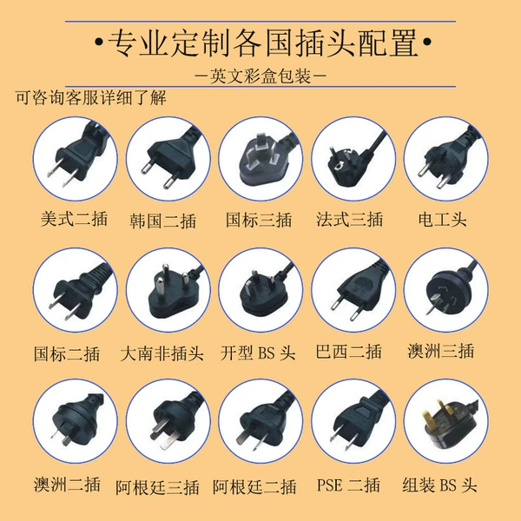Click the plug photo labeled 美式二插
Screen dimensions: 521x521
click(x=75, y=159)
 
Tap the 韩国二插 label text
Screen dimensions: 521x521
click(x=163, y=221)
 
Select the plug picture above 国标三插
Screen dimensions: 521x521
click(x=260, y=159)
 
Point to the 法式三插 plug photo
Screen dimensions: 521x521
click(x=353, y=159)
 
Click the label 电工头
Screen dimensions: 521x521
click(x=442, y=220)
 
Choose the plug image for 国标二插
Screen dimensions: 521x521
click(x=75, y=290)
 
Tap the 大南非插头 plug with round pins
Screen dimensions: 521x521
click(x=168, y=290)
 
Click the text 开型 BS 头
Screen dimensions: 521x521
click(x=258, y=353)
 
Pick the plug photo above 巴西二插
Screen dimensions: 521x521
click(x=353, y=290)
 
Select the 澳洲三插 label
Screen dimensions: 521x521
click(x=440, y=351)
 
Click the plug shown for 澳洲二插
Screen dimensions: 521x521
click(x=75, y=421)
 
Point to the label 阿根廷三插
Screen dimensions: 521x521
click(x=157, y=487)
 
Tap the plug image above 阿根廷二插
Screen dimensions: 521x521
click(x=260, y=421)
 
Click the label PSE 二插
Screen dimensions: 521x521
click(x=348, y=485)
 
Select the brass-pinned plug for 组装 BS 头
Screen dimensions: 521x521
click(x=446, y=421)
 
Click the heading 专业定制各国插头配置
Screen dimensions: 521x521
click(x=263, y=43)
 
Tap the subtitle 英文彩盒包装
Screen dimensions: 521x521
click(x=260, y=76)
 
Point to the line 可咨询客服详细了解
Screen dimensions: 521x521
click(x=90, y=97)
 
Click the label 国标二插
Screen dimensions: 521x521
click(x=67, y=353)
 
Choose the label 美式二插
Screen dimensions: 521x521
click(x=74, y=219)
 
